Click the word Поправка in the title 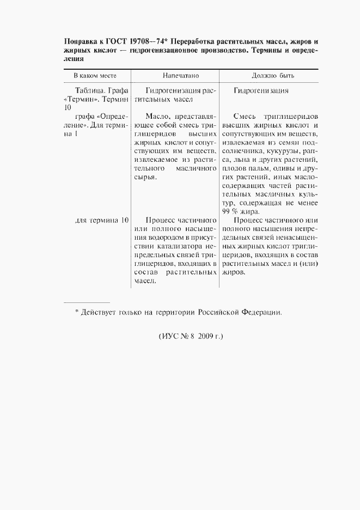[82, 41]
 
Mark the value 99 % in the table [228, 212]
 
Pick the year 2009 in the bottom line [203, 336]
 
